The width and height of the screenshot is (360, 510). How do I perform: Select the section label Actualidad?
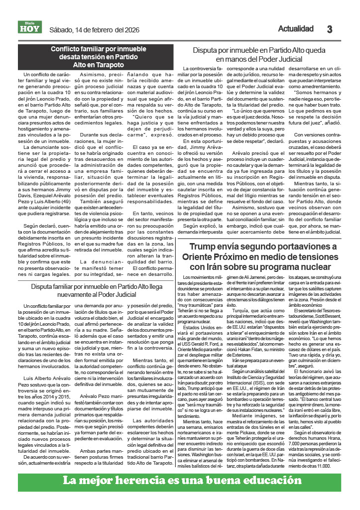(x=295, y=29)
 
